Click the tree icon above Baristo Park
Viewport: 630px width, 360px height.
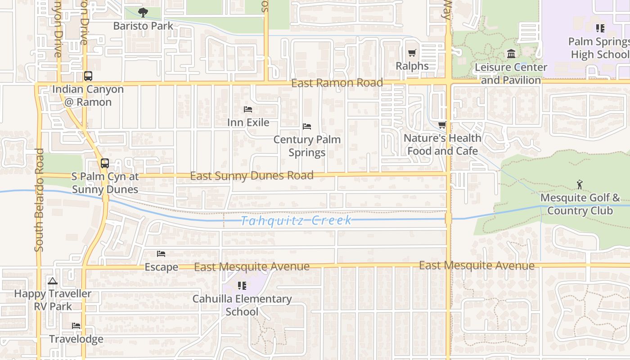143,13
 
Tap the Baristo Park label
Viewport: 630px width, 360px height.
143,26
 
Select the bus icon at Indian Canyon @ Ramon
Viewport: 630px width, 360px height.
88,76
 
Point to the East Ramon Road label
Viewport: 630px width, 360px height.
337,83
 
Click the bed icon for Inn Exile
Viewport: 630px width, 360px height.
248,109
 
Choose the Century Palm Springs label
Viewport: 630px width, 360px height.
307,146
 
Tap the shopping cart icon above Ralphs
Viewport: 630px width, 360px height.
412,53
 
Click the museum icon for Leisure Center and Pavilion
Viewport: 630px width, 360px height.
511,54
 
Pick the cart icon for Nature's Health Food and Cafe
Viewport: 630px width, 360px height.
442,125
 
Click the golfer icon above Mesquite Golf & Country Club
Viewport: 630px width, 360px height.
580,184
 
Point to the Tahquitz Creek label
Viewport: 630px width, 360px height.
296,220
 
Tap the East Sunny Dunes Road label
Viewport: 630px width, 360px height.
252,175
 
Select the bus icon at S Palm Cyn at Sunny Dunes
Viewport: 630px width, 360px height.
105,163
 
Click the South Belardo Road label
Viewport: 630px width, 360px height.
39,200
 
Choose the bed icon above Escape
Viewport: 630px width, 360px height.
161,254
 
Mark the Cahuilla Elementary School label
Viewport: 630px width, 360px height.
242,305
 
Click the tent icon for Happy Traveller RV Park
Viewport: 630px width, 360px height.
53,281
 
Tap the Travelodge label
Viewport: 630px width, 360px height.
76,339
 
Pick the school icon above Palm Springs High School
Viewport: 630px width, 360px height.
600,28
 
